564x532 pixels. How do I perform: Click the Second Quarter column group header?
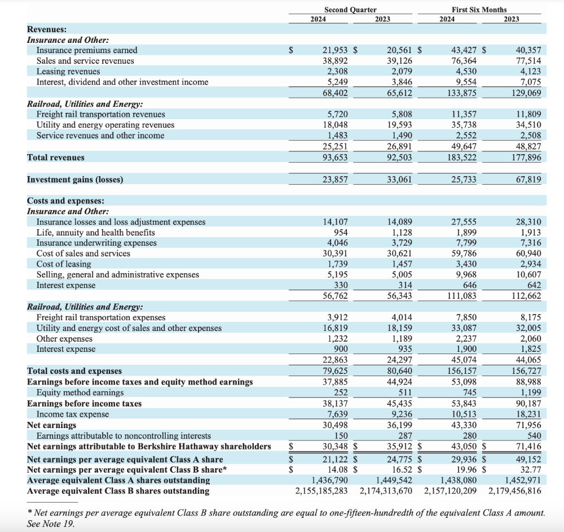click(350, 10)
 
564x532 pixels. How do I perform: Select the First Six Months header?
click(479, 10)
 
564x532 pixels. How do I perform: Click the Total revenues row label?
click(56, 158)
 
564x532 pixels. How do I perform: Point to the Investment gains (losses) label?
click(75, 180)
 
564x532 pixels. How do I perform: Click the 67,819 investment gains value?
click(528, 180)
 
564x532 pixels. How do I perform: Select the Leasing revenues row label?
click(68, 72)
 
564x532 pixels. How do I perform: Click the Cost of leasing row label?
click(64, 264)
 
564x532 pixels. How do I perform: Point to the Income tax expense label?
click(73, 415)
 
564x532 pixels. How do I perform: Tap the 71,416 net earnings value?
click(528, 447)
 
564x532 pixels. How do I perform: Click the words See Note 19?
click(50, 524)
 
